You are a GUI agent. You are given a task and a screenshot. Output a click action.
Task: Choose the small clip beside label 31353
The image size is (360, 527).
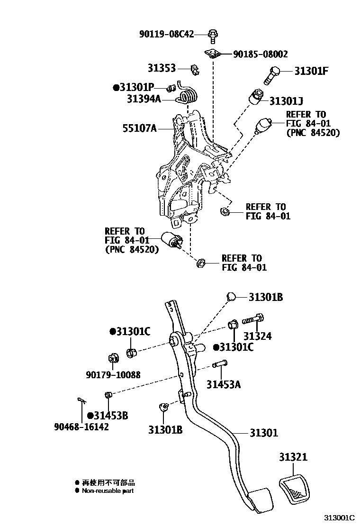point(194,70)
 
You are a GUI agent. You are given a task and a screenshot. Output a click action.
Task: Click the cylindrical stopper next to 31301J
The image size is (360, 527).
point(257,97)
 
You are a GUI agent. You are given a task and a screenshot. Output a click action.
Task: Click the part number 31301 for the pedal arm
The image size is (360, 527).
point(264,433)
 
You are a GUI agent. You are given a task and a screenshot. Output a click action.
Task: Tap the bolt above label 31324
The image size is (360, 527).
point(254,320)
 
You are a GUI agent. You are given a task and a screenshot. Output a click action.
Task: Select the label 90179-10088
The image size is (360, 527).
point(113,374)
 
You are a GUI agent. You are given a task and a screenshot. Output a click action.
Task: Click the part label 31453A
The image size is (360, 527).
point(223,384)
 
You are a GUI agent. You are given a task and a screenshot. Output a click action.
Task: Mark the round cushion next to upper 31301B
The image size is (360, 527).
point(231,297)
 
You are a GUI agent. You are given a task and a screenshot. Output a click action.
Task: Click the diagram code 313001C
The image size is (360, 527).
point(339,518)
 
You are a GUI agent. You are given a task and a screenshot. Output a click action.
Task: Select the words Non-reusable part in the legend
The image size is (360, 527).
point(108,491)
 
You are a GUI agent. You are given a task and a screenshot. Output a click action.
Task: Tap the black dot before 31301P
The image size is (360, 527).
point(116,88)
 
